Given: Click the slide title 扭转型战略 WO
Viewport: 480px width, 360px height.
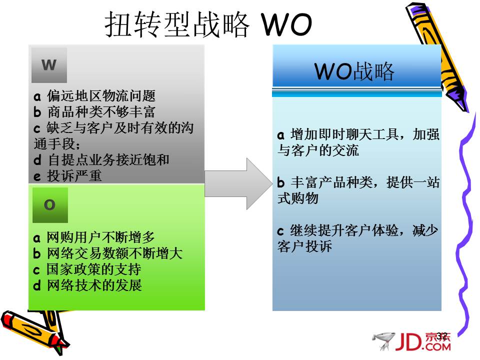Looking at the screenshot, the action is coord(208,24).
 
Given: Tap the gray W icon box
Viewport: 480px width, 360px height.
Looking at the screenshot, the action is coord(49,65).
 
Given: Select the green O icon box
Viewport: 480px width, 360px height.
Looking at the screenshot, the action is coord(50,205).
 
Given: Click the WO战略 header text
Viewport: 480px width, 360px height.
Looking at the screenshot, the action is coord(354,71).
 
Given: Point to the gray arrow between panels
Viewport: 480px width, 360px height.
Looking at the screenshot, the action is coord(238,183).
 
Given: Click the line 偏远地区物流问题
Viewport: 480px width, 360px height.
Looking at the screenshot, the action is coord(101,96).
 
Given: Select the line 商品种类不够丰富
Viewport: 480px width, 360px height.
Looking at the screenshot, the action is coord(101,111).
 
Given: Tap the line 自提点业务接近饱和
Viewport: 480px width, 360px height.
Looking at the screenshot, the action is coord(108,160).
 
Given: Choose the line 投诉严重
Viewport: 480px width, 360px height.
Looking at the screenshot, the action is coord(74,176).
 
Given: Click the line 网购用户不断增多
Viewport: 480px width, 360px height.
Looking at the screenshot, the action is coord(100,237).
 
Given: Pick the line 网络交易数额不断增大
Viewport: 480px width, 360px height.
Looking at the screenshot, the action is coord(115,253).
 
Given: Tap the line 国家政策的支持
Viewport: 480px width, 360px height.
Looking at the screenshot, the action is coord(93,269).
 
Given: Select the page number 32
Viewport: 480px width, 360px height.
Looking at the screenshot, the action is coord(442,336).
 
